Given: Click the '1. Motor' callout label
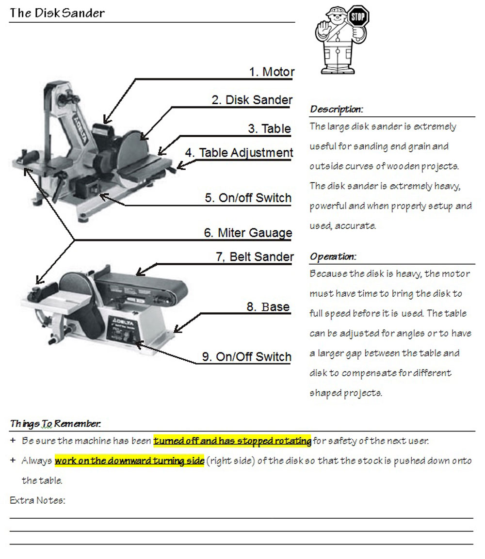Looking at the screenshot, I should pos(272,72).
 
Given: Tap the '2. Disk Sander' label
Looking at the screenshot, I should pos(252,100).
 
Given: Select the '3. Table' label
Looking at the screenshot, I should pos(269,128).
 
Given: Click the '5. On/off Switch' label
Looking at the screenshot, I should pos(248,198).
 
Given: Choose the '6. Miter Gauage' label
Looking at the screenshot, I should pos(248,233).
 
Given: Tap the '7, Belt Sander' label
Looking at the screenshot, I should pos(255,257).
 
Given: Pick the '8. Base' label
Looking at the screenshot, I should pos(268,307).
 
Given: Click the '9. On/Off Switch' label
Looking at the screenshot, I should pos(246,357).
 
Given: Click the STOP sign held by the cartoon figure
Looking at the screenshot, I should pos(358,17).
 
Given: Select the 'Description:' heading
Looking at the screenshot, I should pos(336,109).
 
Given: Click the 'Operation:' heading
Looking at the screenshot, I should pos(333,256).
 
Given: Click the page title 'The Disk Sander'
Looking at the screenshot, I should pos(57,13).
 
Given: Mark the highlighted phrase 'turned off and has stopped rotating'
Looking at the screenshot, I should pos(232,441).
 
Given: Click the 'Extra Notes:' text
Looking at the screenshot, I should pos(37,500).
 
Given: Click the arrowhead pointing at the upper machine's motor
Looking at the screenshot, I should pos(107,121).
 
